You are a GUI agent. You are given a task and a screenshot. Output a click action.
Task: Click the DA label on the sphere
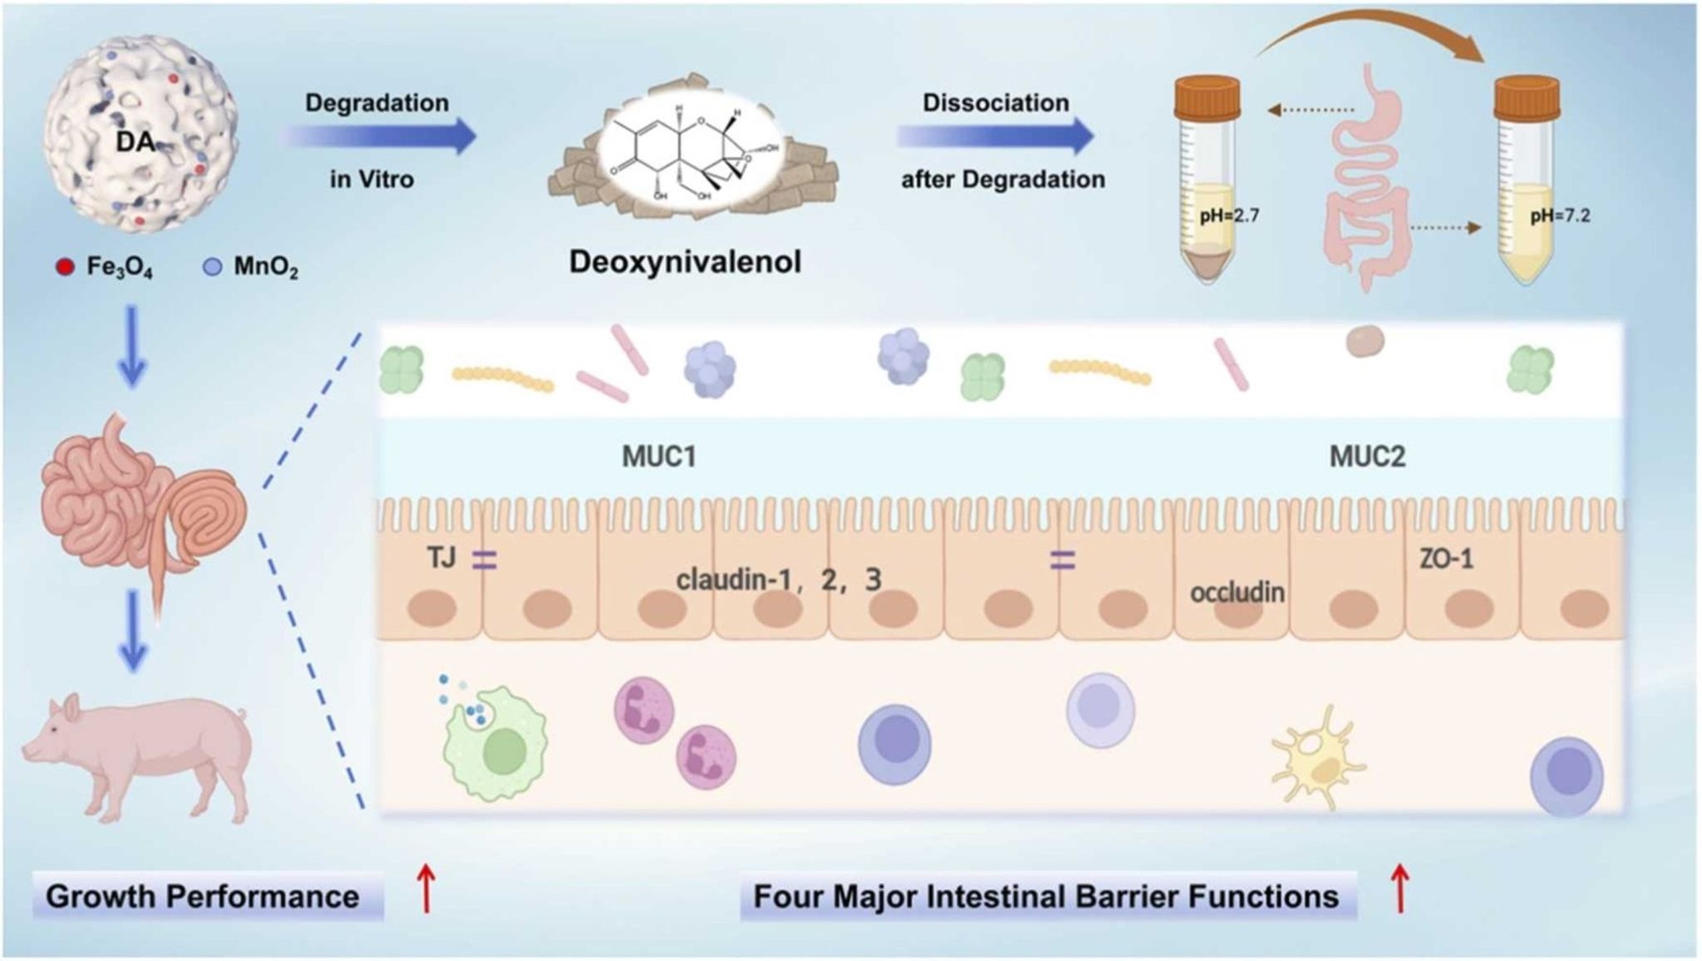tap(135, 142)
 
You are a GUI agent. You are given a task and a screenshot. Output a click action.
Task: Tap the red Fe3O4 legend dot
tap(66, 268)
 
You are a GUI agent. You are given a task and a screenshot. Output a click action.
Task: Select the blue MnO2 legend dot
tap(213, 268)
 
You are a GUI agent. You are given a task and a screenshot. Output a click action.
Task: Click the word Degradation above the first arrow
tap(376, 103)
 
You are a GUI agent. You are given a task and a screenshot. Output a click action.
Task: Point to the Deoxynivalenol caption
tap(685, 262)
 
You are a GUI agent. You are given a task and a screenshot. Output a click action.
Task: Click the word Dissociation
tap(996, 103)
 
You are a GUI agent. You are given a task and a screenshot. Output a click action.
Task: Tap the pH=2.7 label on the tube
tap(1229, 215)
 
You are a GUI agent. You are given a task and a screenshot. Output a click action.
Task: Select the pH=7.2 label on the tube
tap(1560, 215)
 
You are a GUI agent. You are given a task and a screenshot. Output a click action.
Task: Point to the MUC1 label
tap(658, 456)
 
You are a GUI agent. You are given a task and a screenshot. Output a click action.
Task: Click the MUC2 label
tap(1367, 456)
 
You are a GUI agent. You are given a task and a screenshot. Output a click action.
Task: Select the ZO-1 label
tap(1446, 559)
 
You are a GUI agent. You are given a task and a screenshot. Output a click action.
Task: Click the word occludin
tap(1237, 593)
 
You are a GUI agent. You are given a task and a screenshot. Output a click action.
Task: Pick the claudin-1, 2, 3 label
tap(778, 579)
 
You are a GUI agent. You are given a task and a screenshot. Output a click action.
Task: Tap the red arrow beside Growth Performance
tap(426, 889)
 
